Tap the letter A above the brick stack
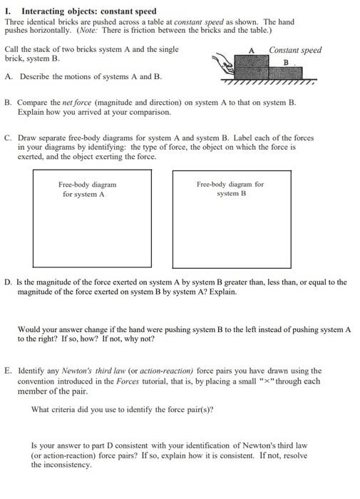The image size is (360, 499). coord(252,50)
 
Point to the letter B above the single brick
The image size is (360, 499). coord(286,62)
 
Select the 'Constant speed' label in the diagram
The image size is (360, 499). coord(295,50)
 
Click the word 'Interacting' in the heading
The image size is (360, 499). coord(43,11)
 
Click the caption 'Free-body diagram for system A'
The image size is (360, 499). coord(87,189)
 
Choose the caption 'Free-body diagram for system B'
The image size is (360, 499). coord(230,188)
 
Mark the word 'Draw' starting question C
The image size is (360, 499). coord(26,138)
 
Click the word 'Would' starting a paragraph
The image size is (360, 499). coord(29,329)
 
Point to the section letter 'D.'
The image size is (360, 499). coord(9,282)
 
